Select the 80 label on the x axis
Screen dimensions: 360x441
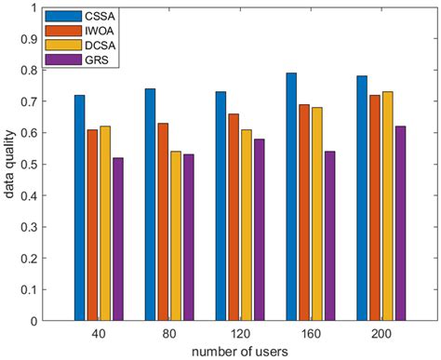click(167, 331)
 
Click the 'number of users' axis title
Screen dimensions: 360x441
click(237, 350)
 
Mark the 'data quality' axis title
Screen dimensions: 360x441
click(9, 164)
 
